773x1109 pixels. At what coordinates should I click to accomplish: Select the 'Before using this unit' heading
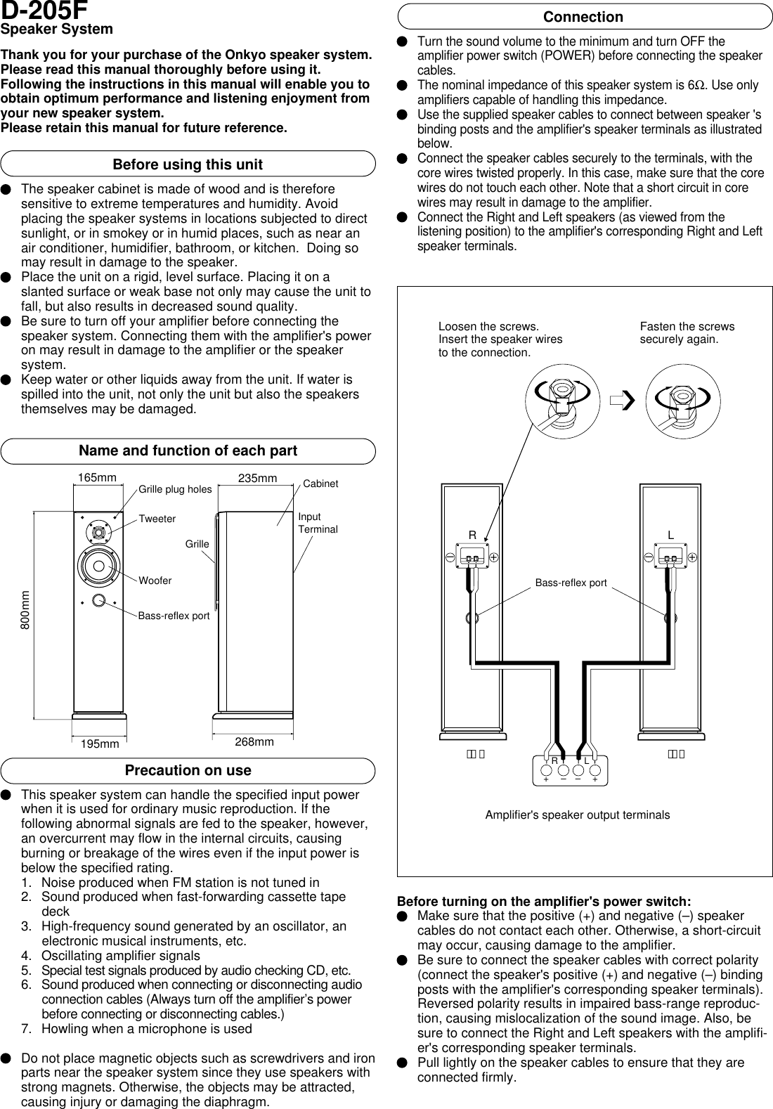click(188, 164)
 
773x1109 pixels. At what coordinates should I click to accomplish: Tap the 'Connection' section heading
click(584, 17)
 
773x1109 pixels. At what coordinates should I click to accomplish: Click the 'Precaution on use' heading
click(188, 770)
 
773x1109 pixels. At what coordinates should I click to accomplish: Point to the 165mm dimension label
click(97, 478)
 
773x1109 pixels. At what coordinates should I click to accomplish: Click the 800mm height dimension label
click(25, 609)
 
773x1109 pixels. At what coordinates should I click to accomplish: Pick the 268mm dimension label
click(254, 742)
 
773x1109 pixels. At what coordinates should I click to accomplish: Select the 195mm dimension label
click(100, 744)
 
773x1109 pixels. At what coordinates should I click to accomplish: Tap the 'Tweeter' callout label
click(157, 519)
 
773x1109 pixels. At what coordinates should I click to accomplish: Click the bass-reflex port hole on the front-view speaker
click(99, 600)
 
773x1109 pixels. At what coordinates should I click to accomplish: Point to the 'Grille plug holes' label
click(175, 489)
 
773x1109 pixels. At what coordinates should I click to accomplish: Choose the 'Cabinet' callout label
click(320, 484)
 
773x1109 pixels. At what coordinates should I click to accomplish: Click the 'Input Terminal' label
click(318, 523)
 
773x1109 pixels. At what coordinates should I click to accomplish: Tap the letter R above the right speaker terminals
click(472, 536)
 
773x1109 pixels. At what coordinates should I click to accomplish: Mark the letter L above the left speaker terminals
click(670, 536)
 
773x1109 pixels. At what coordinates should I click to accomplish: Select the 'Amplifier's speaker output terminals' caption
click(577, 815)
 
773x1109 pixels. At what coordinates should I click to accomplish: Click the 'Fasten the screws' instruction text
click(687, 327)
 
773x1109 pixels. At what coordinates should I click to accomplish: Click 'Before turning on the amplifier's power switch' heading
click(544, 902)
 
